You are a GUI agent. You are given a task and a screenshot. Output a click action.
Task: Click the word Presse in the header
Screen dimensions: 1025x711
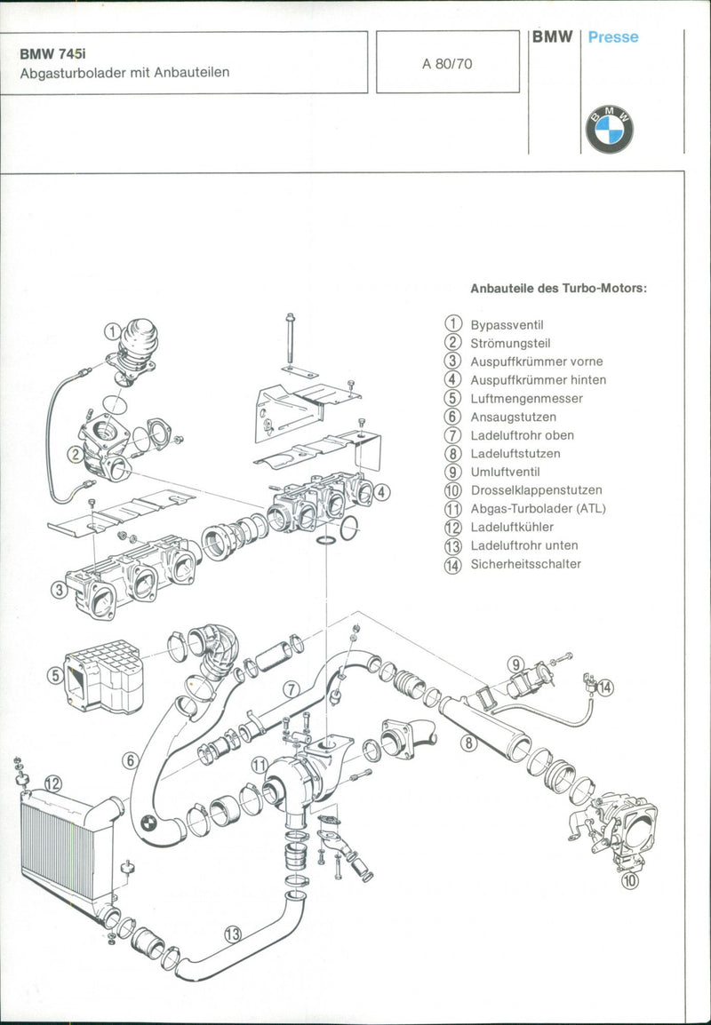coord(612,38)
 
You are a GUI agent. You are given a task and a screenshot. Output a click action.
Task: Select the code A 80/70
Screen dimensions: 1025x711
coord(447,63)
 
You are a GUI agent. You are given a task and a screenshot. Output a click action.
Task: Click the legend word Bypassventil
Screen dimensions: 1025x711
coord(507,325)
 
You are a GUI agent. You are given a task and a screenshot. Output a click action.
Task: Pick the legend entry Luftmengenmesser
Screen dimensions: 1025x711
coord(526,399)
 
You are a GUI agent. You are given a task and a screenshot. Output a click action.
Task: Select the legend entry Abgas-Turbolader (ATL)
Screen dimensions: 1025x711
coord(538,509)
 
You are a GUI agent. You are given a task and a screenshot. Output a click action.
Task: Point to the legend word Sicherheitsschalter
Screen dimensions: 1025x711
coord(525,564)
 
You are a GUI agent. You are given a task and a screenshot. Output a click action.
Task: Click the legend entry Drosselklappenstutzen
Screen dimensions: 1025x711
coord(536,490)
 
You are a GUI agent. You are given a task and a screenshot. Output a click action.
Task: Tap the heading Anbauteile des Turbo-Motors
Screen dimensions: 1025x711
coord(558,288)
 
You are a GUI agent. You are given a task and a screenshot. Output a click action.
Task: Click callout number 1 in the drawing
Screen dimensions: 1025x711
coord(111,331)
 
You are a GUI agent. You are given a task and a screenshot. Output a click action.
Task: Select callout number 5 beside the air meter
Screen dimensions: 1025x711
coord(55,676)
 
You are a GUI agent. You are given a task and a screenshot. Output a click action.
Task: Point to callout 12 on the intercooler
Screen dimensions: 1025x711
coord(53,783)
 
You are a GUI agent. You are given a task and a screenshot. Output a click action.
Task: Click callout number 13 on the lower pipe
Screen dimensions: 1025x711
coord(233,934)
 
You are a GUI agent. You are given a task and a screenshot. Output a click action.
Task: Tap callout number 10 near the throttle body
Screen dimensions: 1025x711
coord(629,882)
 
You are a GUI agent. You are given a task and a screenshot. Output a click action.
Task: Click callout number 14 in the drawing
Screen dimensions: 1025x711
coord(605,687)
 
